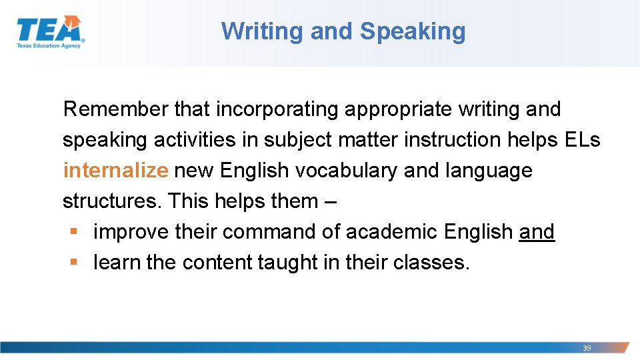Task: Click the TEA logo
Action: (x=51, y=31)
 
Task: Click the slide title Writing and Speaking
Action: (x=343, y=31)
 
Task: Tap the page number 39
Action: (x=587, y=348)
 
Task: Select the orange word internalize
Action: (x=115, y=171)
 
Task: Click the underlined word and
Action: (x=537, y=232)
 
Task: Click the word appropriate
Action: (x=399, y=109)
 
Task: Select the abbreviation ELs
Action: (x=581, y=140)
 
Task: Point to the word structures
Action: (x=113, y=201)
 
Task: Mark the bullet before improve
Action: (x=73, y=232)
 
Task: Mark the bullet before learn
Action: (x=73, y=263)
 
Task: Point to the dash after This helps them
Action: (x=331, y=201)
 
